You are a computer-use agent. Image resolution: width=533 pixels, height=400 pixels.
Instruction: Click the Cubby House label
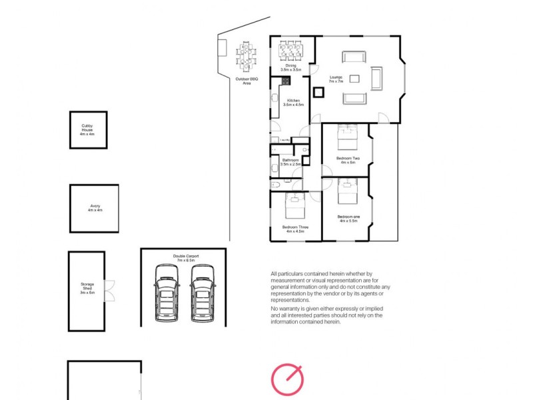(88, 129)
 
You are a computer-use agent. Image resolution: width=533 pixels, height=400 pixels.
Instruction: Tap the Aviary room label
(95, 208)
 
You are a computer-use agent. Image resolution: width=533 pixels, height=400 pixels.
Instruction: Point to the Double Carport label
(186, 257)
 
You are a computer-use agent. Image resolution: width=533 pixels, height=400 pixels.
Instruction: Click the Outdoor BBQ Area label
(247, 81)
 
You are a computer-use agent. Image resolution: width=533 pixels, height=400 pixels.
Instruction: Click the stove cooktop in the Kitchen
(285, 81)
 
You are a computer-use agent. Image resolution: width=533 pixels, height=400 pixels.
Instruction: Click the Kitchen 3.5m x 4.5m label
(293, 103)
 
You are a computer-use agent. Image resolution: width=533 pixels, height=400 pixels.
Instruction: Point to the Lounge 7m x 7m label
(336, 79)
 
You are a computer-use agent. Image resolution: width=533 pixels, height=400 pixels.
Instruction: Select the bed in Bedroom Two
(347, 138)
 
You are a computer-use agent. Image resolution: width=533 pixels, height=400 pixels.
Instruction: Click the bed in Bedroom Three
(295, 209)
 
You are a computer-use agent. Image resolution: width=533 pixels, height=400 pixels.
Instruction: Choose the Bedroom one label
(348, 219)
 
